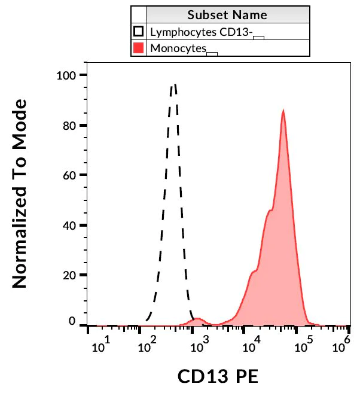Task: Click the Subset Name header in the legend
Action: pyautogui.click(x=227, y=14)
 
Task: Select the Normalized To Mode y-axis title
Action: pyautogui.click(x=20, y=194)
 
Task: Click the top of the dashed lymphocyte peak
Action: pyautogui.click(x=174, y=84)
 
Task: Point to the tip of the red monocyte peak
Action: pyautogui.click(x=283, y=111)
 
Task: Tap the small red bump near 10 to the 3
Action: pyautogui.click(x=199, y=319)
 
